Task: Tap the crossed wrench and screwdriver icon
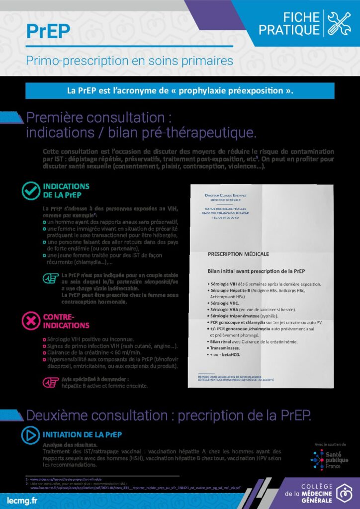pos(340,23)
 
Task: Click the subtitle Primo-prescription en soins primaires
pos(129,61)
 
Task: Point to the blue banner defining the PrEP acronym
pos(180,91)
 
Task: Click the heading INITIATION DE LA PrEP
pos(82,434)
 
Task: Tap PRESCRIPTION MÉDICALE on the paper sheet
pos(238,254)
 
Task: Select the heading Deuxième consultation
pos(168,415)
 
